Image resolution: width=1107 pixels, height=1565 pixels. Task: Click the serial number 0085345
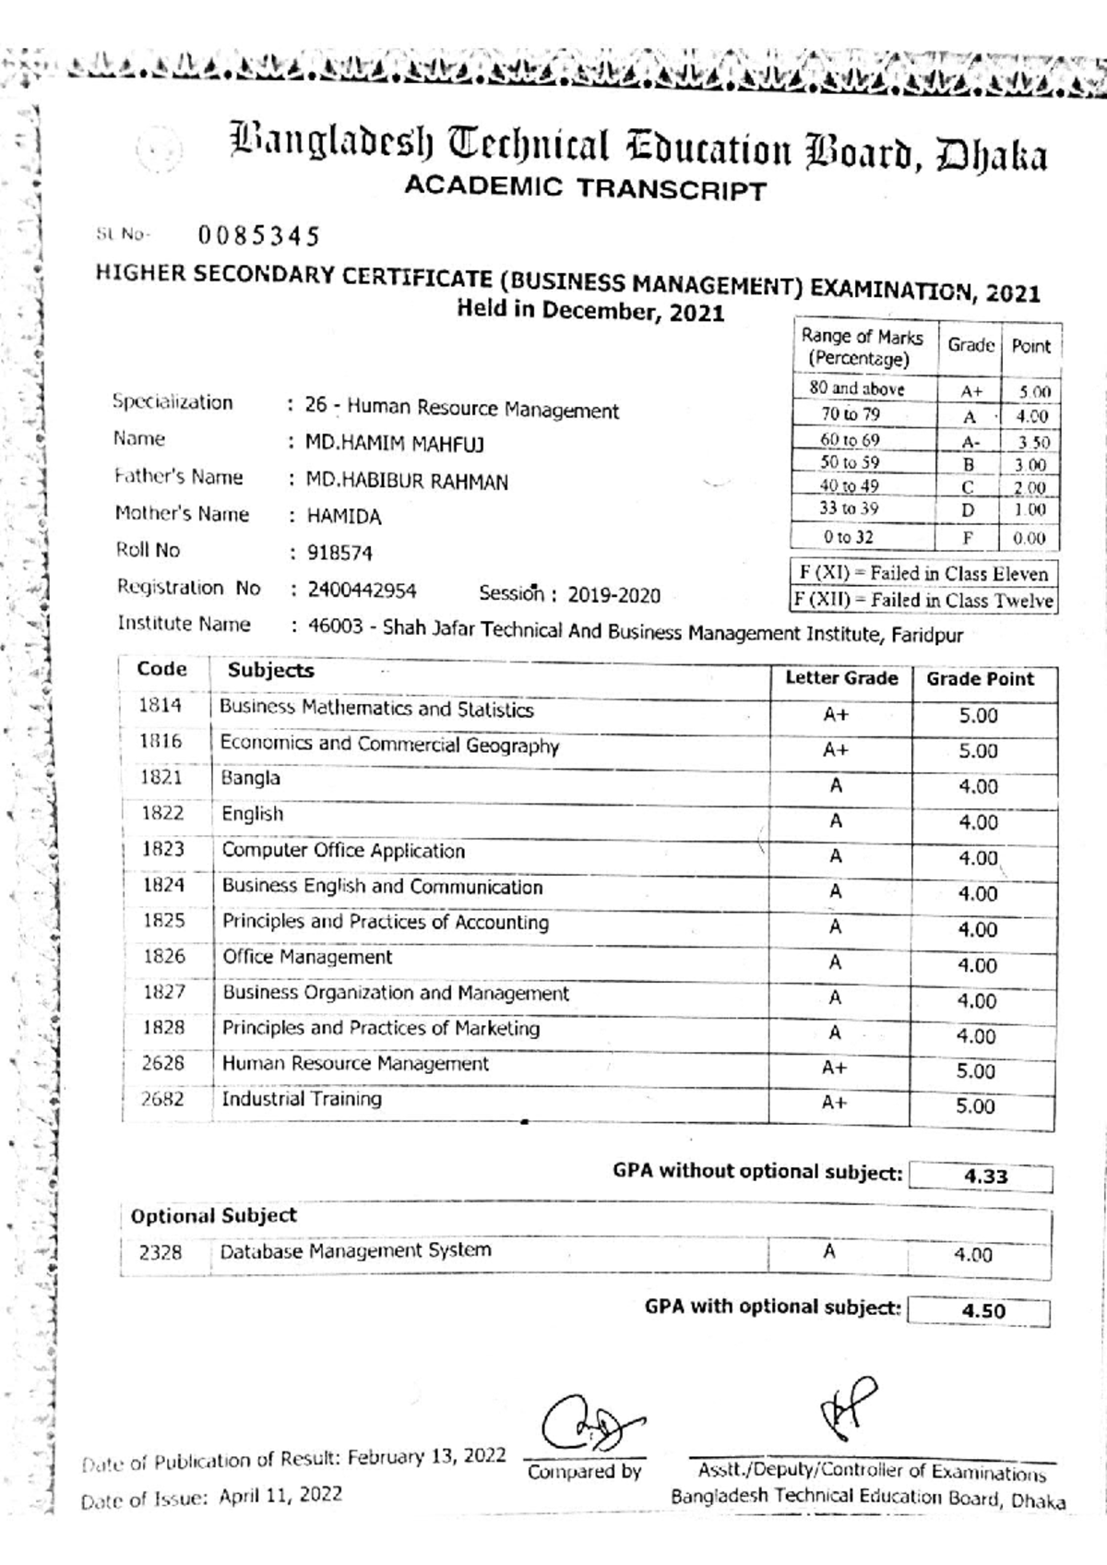pos(259,237)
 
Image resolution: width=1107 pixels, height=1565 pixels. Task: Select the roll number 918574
pos(339,554)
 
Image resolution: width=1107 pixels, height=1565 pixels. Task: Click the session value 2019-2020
pos(613,595)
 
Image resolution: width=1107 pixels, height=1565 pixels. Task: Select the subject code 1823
pos(163,849)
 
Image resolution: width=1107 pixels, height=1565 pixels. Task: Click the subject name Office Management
pos(307,958)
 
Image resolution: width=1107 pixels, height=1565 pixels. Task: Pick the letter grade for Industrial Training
pos(834,1103)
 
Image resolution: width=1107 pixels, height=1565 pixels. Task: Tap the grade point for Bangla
pos(978,787)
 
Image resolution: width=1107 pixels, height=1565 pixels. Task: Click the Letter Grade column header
pos(841,678)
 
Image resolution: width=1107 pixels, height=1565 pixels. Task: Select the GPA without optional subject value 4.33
pos(985,1177)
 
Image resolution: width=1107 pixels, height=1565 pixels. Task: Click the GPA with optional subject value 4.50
pos(982,1311)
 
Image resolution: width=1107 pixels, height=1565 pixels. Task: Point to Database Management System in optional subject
pos(355,1250)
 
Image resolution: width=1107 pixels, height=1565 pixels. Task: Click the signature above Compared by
pos(589,1425)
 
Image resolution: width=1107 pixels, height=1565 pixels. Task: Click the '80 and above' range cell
pos(857,389)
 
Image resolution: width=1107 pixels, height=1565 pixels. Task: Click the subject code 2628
pos(163,1063)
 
